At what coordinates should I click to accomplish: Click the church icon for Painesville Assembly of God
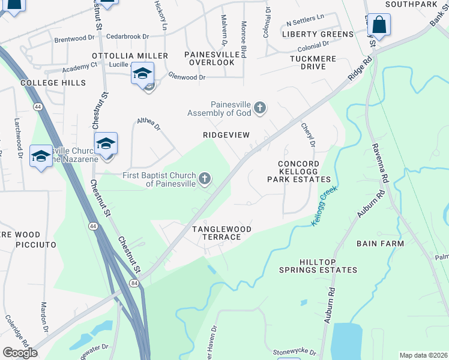(259, 108)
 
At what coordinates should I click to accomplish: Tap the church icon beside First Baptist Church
(205, 178)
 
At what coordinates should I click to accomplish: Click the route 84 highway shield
(132, 283)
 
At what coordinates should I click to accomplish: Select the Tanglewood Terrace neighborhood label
(216, 233)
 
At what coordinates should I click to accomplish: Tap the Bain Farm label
(380, 244)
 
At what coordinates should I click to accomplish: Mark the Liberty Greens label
(318, 34)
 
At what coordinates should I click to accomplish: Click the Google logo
(20, 353)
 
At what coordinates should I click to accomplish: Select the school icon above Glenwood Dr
(142, 74)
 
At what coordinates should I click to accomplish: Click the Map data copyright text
(423, 355)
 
